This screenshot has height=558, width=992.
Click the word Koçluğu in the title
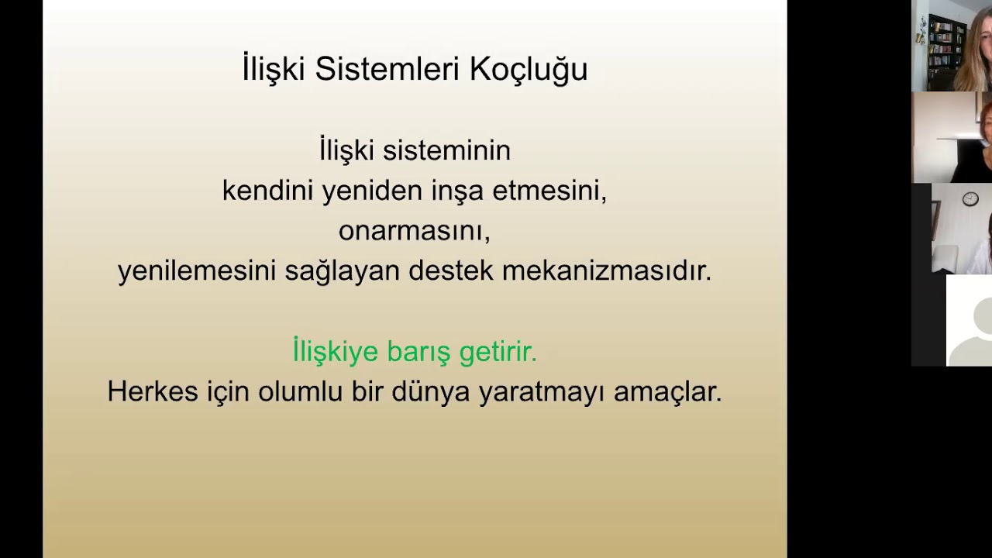pos(529,70)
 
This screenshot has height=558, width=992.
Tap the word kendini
pos(267,191)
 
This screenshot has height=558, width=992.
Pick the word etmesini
pos(549,191)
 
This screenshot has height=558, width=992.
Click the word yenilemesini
pos(197,271)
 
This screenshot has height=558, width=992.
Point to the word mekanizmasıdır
pos(606,271)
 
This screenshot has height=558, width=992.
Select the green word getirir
pos(498,352)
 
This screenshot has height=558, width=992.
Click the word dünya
pos(431,391)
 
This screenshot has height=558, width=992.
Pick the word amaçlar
pos(667,391)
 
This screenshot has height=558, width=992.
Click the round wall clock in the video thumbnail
pos(970,200)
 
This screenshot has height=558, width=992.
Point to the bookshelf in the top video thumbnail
pos(946,46)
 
